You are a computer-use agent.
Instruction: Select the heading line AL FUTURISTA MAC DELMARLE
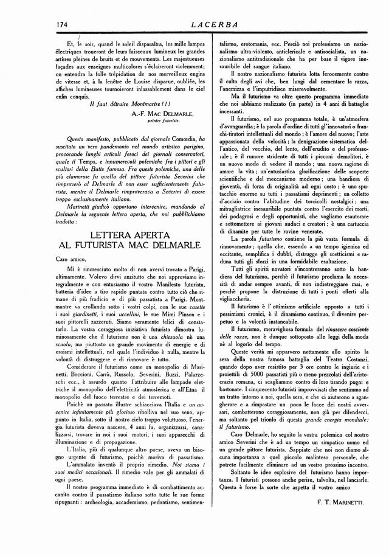click(x=127, y=246)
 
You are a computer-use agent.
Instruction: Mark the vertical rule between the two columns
click(x=210, y=274)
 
